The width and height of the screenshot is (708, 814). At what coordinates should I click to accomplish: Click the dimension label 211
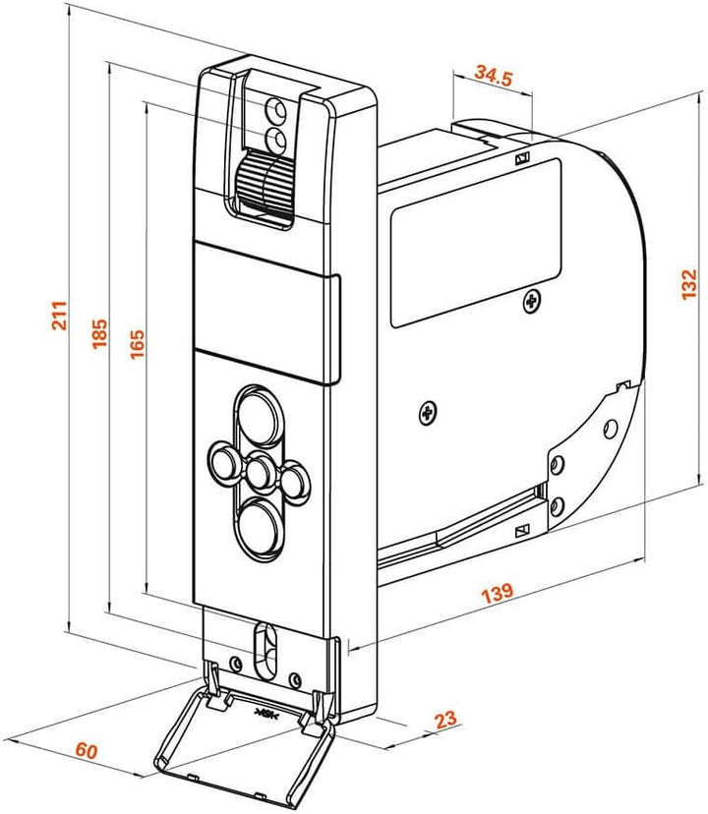(59, 316)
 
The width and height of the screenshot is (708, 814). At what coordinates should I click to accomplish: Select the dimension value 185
(99, 333)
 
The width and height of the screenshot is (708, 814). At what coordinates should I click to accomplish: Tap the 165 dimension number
(137, 344)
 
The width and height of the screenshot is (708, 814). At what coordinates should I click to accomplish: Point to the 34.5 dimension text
(493, 76)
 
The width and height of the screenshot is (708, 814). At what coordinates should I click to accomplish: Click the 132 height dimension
(688, 284)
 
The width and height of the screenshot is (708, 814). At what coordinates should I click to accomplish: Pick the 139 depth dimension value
(498, 593)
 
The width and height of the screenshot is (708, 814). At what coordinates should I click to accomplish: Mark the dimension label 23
(445, 720)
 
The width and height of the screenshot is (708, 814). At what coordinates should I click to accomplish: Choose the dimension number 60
(87, 750)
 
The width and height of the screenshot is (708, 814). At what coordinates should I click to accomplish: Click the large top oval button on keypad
(260, 418)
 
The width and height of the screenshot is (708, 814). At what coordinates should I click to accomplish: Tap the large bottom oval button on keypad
(262, 529)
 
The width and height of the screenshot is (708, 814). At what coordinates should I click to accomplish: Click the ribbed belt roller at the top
(265, 183)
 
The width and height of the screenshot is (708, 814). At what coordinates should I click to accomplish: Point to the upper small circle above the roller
(275, 110)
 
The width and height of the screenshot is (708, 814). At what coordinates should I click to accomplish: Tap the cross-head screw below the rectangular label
(531, 300)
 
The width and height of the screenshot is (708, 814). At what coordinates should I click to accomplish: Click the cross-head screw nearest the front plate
(428, 413)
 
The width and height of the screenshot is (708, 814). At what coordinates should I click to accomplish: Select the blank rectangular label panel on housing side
(476, 243)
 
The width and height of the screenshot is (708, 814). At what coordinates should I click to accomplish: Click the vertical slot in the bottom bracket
(265, 650)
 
